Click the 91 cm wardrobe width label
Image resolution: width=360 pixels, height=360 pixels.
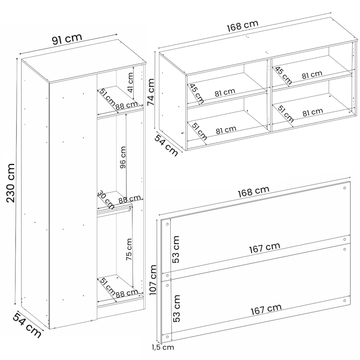click(x=67, y=39)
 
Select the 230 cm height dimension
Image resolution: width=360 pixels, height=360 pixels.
click(x=10, y=183)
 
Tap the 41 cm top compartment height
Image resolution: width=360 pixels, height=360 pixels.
click(x=130, y=82)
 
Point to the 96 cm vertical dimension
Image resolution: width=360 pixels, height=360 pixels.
click(x=123, y=157)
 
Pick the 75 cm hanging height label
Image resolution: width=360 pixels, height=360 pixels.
click(x=129, y=249)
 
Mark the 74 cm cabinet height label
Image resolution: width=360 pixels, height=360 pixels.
click(x=151, y=92)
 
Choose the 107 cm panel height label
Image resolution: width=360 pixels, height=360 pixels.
click(x=153, y=280)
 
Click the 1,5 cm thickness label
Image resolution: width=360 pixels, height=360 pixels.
click(x=163, y=354)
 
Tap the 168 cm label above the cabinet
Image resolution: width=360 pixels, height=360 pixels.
click(x=243, y=26)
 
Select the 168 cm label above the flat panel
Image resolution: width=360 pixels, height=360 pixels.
click(x=253, y=192)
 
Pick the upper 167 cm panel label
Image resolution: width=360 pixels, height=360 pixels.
click(x=265, y=248)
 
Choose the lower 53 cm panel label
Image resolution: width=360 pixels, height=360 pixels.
click(x=176, y=309)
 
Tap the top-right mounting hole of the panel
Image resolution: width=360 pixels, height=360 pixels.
click(x=345, y=188)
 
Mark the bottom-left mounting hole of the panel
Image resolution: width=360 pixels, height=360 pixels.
click(x=167, y=337)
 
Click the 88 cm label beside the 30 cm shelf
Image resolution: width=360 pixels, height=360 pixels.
click(x=130, y=199)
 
